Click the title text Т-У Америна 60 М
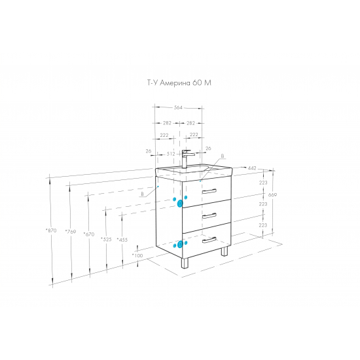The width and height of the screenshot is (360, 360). pos(179,82)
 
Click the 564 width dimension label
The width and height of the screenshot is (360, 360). pos(178,107)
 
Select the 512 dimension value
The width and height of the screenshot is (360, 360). pos(171,154)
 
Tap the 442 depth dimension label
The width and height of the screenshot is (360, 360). pos(252,168)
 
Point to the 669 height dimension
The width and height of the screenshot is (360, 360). pos(272,195)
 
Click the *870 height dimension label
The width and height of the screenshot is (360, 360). pos(51,230)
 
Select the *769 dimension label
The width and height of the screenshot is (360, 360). pos(71,232)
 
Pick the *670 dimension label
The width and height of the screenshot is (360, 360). pos(89,234)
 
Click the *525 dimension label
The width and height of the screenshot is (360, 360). pos(106,240)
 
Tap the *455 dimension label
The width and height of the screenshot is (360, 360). pos(122,240)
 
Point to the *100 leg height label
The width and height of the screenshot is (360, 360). pos(137,255)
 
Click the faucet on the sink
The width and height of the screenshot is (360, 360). pos(187,159)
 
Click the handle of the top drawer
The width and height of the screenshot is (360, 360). pos(209,191)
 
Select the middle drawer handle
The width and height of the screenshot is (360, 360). pos(209,215)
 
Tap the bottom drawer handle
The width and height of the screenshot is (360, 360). pos(209,240)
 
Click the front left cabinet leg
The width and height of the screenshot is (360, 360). pos(185,263)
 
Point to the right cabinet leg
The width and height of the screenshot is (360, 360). pos(225,251)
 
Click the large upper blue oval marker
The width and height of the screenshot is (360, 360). pos(180,204)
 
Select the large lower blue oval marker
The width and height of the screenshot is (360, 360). pos(180,245)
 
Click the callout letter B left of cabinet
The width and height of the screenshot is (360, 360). pos(142,194)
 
